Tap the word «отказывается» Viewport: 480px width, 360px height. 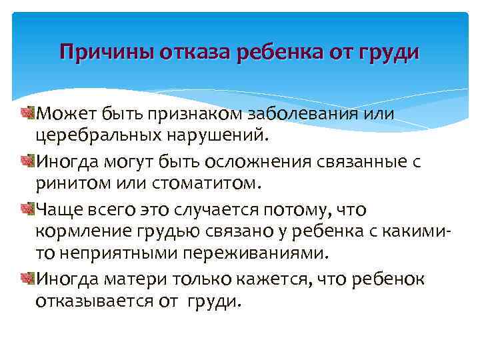(x=86, y=301)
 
